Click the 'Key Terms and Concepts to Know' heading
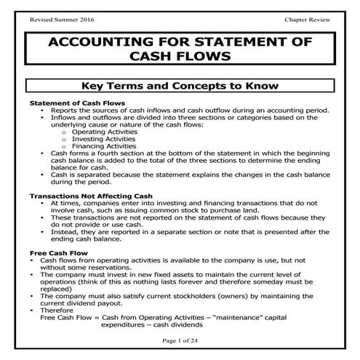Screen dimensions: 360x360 point(180,86)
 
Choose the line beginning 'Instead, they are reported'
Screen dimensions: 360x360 point(192,231)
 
